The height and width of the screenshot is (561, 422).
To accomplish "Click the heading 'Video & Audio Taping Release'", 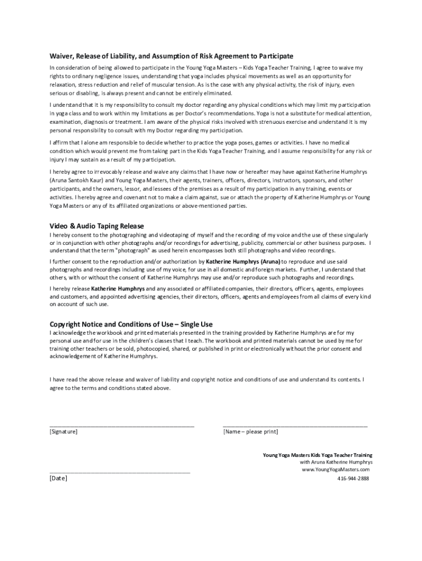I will [x=96, y=226].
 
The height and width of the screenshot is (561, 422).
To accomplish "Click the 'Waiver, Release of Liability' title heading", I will [x=172, y=56].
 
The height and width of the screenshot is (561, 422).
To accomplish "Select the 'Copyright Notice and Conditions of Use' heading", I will [x=131, y=324].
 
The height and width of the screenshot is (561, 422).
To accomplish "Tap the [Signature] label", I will [x=64, y=432].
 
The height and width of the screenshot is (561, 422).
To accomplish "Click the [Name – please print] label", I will [x=250, y=432].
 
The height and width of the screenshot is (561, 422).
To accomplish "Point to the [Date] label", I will [x=59, y=478].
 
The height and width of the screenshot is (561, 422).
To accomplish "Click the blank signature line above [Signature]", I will [x=122, y=425].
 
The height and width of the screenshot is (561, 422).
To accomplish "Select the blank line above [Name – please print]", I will [x=295, y=425].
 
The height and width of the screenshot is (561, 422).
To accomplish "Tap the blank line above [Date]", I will [x=119, y=472].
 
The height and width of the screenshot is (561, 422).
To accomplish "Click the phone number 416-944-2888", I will [x=353, y=478].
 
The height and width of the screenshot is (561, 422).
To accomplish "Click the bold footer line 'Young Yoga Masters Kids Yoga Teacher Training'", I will [x=317, y=455].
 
